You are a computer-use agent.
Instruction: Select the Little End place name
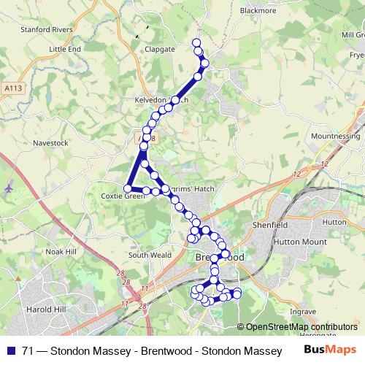point(65,49)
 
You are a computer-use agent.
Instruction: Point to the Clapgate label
point(161,49)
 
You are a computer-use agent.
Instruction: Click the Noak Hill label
point(61,250)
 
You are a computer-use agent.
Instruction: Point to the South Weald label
point(150,255)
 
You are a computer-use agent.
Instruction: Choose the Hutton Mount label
point(297,241)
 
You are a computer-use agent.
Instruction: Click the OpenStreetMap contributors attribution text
point(292,327)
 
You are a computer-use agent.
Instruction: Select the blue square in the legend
point(9,351)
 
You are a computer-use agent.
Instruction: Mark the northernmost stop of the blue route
point(196,42)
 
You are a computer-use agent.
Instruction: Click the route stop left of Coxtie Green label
point(128,189)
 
